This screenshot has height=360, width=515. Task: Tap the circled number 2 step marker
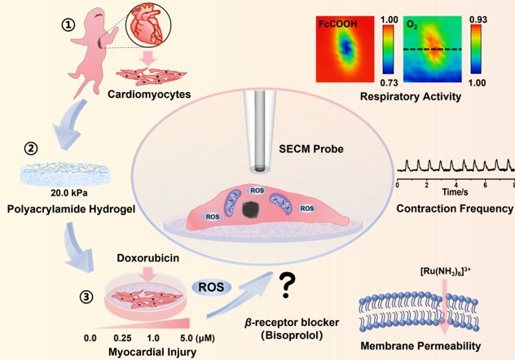point(29,150)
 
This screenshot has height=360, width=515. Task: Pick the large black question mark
point(286,284)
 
